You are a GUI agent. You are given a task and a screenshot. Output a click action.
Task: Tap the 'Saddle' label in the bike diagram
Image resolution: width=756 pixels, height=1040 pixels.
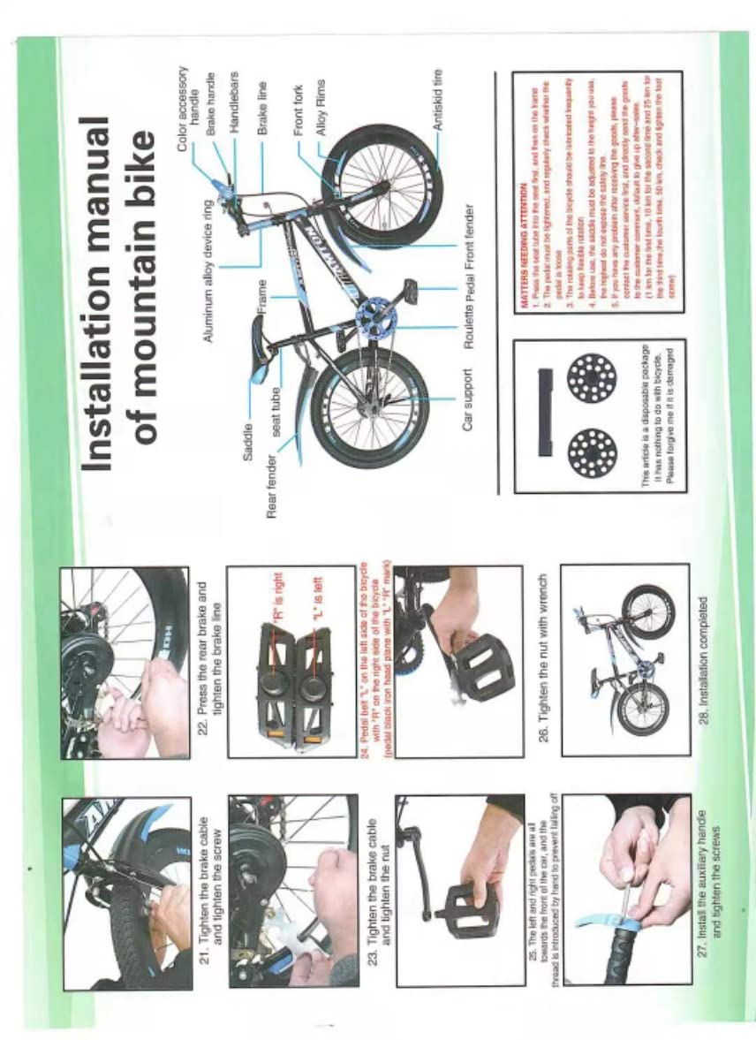pos(248,438)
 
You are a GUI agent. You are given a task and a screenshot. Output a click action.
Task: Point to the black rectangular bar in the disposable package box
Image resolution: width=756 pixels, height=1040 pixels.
pos(544,414)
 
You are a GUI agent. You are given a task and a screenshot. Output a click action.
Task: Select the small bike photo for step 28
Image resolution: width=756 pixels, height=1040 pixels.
pos(625,658)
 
